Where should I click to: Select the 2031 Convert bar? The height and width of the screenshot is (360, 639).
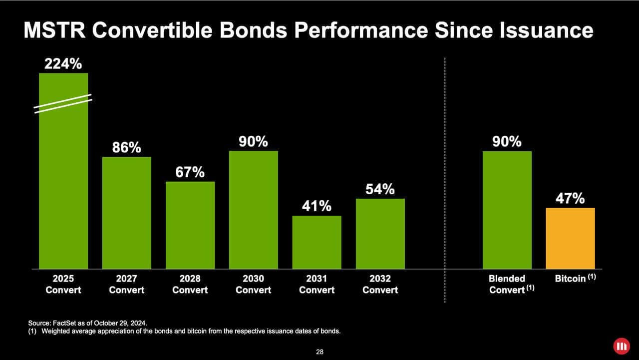pos(317,242)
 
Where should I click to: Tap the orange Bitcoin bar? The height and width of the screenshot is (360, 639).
pos(570,238)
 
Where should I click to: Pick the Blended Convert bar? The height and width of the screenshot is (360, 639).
pos(507,210)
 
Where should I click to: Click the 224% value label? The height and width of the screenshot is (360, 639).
pos(63,64)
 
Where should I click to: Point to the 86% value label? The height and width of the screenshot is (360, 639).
pos(126,148)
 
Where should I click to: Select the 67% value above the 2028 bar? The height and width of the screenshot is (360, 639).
pos(190,172)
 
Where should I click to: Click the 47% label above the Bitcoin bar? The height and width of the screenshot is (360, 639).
pos(570,198)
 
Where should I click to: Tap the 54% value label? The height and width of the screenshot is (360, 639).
pos(380,190)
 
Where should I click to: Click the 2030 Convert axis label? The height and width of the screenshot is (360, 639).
pos(253,284)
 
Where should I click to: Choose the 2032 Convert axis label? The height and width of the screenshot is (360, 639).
pos(380,284)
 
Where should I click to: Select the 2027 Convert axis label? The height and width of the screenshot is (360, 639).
pos(126,284)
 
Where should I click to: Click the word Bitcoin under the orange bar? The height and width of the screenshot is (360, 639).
pos(570,279)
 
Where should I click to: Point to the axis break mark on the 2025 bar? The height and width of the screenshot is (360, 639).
pos(63,103)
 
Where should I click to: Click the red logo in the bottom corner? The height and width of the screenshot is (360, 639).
pos(622,346)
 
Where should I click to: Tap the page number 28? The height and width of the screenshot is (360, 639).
pos(319,352)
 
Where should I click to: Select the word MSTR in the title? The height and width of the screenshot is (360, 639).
pos(54,30)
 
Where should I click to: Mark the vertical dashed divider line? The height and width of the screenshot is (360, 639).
pos(445,180)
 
